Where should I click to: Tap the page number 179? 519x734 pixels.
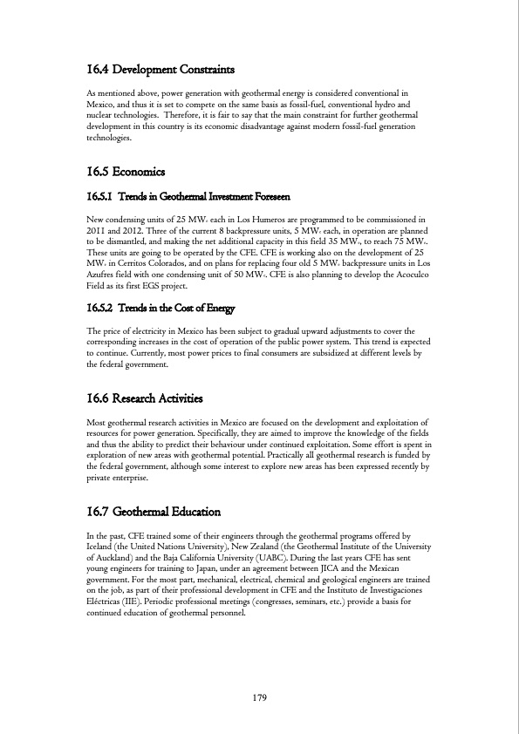click(x=259, y=697)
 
